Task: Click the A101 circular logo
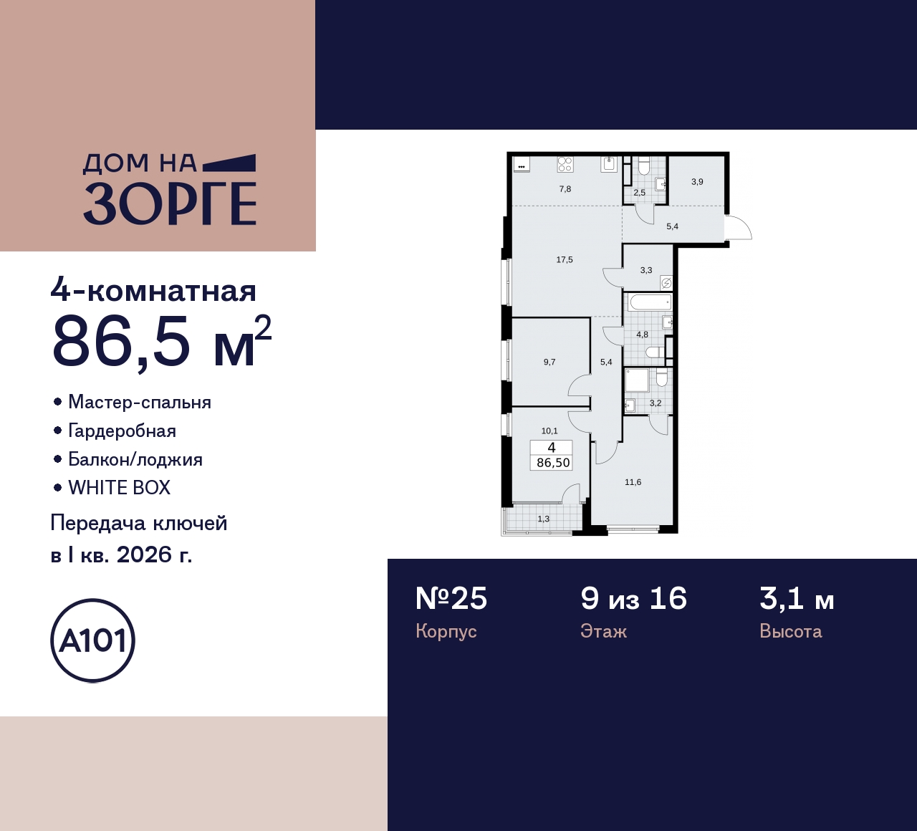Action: [x=93, y=640]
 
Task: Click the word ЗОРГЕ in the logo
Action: [x=170, y=203]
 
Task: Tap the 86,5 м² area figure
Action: [x=161, y=342]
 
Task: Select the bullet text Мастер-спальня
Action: [x=140, y=402]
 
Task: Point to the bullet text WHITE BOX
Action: [x=120, y=488]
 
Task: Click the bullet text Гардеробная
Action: [x=122, y=431]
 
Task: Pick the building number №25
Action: [x=451, y=598]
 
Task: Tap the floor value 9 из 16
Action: [x=633, y=598]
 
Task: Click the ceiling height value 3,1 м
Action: [x=797, y=598]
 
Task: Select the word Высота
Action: [x=790, y=631]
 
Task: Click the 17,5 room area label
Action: [x=565, y=260]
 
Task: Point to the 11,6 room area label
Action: [x=633, y=482]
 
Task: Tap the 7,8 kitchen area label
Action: [x=565, y=189]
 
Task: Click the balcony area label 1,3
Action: [x=544, y=519]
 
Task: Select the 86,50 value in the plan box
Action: [x=553, y=463]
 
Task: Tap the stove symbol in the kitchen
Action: [x=565, y=165]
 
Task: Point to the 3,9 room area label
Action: [x=697, y=182]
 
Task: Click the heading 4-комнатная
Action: [x=153, y=291]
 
